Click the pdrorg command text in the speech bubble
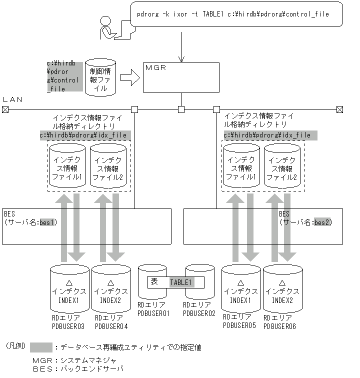(232, 14)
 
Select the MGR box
(181, 77)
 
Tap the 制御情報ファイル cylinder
(100, 77)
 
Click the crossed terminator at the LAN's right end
(339, 109)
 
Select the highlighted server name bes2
(322, 221)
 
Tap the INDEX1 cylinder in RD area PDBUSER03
(69, 289)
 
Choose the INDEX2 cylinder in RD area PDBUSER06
(283, 289)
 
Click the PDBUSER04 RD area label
(111, 322)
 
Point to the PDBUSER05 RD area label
(239, 321)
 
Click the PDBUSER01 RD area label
(153, 309)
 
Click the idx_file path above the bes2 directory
(266, 135)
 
